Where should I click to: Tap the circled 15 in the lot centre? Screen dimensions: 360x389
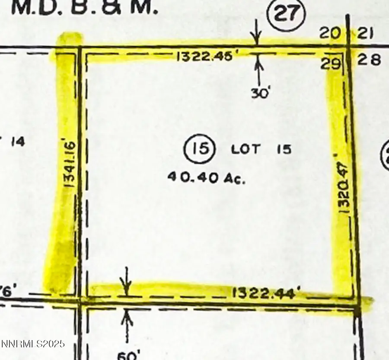[x=199, y=149]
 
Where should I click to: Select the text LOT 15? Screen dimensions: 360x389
[x=261, y=150]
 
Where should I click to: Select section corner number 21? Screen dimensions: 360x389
[x=366, y=34]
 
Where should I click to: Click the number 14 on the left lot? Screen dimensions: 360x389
[x=17, y=141]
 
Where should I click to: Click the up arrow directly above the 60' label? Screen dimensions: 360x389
[x=127, y=322]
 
